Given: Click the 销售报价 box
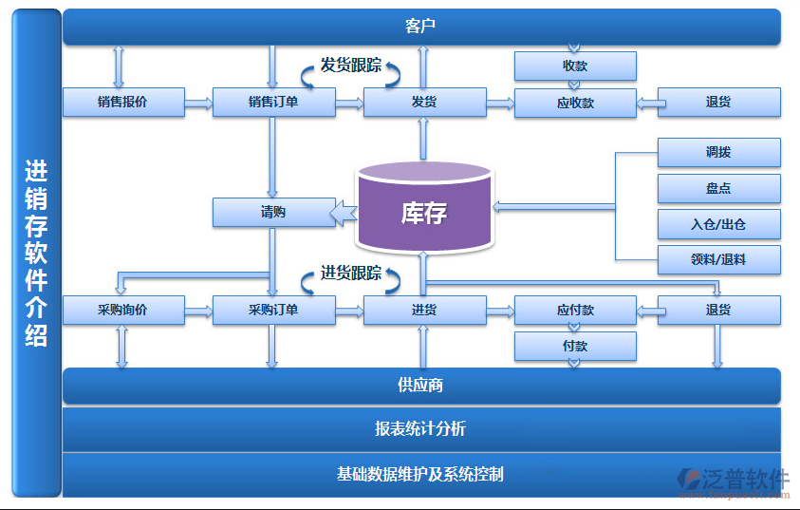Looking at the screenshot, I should click(122, 103).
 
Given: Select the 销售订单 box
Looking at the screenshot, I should click(273, 103).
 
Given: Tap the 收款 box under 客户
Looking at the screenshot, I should click(575, 66).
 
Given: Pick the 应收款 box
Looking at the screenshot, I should click(575, 103).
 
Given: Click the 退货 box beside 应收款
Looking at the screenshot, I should click(718, 103).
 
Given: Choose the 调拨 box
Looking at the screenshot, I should click(718, 152).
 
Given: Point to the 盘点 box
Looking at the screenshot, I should click(718, 188).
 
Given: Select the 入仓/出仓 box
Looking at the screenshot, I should click(718, 224).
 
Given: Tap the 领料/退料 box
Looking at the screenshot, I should click(718, 259).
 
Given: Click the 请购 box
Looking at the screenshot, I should click(273, 212).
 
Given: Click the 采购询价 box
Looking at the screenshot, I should click(122, 311).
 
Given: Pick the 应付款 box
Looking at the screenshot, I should click(575, 311).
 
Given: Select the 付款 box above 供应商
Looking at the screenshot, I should click(575, 347).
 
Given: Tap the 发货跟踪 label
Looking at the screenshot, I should click(351, 66).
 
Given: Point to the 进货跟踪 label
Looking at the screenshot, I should click(351, 274).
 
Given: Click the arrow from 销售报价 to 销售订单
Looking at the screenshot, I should click(198, 103).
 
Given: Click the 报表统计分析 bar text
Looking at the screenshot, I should click(420, 428).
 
